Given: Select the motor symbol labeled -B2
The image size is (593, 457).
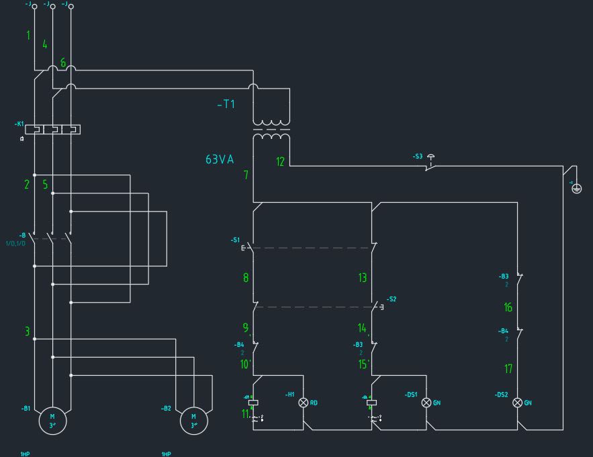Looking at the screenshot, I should coord(194,420).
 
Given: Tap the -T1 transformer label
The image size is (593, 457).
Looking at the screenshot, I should coord(226,104).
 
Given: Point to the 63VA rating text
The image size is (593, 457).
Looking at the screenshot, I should coord(220,160).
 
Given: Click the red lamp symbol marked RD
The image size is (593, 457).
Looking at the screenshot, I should coord(303,403).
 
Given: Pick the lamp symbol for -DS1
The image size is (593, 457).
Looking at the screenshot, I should coord(426,403).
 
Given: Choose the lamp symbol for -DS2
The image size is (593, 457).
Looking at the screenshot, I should coord(517,403).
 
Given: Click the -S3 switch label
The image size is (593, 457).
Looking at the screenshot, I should coord(418,156).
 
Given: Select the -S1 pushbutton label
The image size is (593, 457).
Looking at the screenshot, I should coord(235,240).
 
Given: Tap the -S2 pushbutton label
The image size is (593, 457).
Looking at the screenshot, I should coord(392,299).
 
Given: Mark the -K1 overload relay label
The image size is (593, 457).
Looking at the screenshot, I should coord(19,124).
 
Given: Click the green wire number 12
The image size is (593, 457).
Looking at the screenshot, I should coord(281,161).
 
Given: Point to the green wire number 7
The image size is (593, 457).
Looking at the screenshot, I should coord(246,174).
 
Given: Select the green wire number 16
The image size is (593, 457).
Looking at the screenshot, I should coord(508,307).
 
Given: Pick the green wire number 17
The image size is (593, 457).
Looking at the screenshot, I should coord(508,368).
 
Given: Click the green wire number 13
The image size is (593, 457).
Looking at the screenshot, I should coord(363,277).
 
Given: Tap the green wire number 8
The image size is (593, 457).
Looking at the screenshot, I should coord(246,277).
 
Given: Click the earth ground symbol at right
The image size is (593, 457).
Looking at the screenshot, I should coord(576,188).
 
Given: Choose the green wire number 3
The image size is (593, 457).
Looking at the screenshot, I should coord(28,332).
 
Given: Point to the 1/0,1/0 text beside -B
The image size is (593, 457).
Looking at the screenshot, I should coord(15,243).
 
